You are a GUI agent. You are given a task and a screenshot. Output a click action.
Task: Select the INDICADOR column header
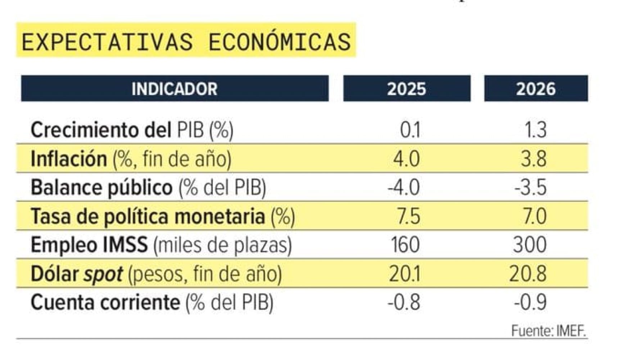174,89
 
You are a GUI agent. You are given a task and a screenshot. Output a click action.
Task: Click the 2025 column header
407,89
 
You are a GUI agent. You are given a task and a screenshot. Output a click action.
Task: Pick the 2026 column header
536,89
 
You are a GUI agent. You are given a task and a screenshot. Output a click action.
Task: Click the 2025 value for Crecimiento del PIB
410,130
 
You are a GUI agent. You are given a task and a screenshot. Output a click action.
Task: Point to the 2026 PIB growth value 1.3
536,130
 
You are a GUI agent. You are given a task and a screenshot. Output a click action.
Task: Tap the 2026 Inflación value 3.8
534,159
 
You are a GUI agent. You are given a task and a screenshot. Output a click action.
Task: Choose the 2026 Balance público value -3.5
530,188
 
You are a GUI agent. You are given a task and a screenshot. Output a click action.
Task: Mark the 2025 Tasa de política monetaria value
408,216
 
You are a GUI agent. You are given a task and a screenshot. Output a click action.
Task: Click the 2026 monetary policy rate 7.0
535,216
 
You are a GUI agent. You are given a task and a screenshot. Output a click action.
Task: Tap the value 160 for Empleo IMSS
405,245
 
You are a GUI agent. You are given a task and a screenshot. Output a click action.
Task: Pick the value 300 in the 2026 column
530,245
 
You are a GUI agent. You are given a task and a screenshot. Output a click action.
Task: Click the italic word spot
103,274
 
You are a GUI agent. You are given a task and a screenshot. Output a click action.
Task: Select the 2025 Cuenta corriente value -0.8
404,302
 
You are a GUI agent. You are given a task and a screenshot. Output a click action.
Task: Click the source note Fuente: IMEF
549,330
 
